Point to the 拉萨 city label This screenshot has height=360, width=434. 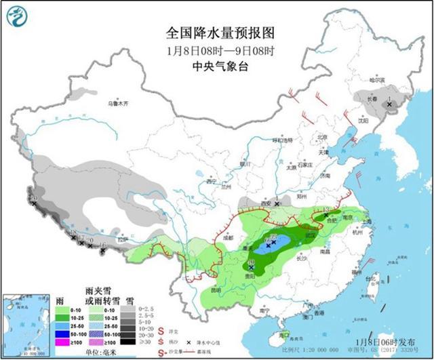click(x=122, y=239)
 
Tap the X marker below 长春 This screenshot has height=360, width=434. click(x=389, y=104)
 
